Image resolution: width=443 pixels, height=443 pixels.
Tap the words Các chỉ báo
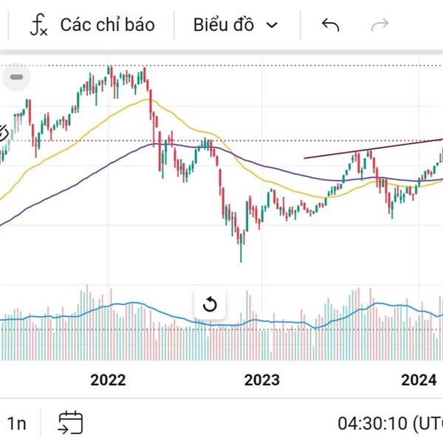pyautogui.click(x=107, y=25)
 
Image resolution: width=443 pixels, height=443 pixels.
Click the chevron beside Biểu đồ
pyautogui.click(x=272, y=25)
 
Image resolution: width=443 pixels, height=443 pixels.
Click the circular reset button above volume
pyautogui.click(x=209, y=304)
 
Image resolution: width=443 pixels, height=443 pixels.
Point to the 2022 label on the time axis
pyautogui.click(x=108, y=380)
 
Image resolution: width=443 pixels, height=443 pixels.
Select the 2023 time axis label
pyautogui.click(x=261, y=380)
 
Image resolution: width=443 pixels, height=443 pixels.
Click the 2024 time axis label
pyautogui.click(x=419, y=380)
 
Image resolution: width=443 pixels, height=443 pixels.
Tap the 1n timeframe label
pyautogui.click(x=17, y=424)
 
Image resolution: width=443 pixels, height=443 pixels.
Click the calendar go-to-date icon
pyautogui.click(x=71, y=423)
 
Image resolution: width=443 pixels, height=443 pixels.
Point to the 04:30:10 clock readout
pyautogui.click(x=372, y=424)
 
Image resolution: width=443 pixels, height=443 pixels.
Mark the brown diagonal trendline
pyautogui.click(x=369, y=148)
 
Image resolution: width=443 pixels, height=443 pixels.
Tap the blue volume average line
pyautogui.click(x=133, y=303)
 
